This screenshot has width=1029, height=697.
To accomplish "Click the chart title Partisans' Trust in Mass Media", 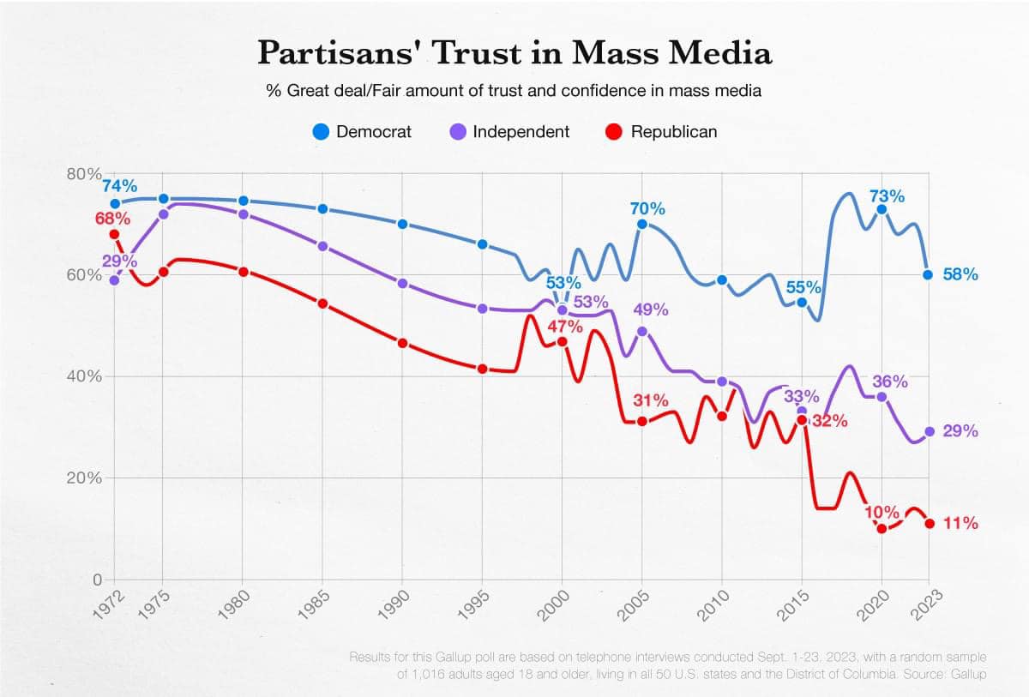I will pos(514,52).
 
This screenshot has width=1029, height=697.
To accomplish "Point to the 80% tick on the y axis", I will pos(83,174).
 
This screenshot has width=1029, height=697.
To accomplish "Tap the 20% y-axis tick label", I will pos(83,478).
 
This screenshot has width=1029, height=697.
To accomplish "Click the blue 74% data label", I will pos(119,186).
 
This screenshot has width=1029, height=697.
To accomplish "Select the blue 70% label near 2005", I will pos(647,208).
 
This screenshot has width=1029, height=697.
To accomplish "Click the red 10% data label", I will pos(882,512).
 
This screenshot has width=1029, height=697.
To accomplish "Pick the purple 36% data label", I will pos(890,382).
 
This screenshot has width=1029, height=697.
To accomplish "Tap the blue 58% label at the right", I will pos(960,274).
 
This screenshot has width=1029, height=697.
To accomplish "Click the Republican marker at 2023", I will pos(930,524).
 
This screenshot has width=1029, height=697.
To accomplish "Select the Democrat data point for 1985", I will pos(323,209).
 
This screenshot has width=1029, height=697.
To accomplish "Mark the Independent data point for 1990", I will pos(402,283).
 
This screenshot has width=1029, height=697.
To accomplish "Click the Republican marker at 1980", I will pos(243,272).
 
